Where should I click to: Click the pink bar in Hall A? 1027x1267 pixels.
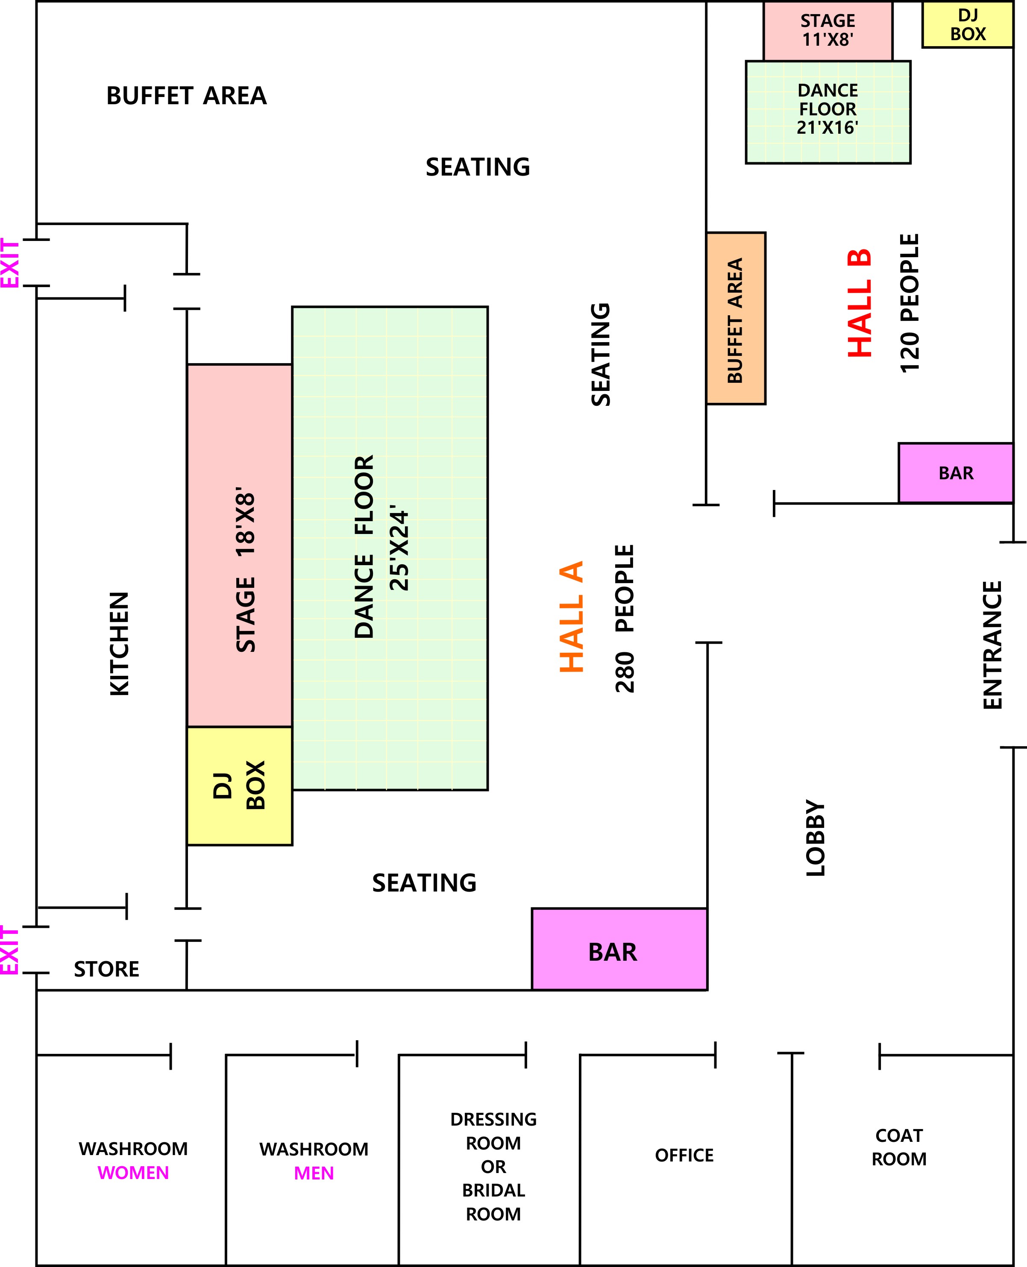pos(619,949)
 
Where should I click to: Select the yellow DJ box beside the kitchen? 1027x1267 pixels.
pos(240,786)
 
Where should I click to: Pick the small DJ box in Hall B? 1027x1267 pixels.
pos(968,24)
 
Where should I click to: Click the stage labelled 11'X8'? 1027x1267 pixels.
pos(827,31)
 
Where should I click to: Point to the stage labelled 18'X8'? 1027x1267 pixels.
pos(240,546)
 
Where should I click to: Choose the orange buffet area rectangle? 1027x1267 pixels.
pos(736,318)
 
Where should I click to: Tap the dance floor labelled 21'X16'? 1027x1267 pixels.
pos(827,112)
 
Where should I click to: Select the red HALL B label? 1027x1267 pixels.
pos(860,303)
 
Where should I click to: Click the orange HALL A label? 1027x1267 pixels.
pos(572,617)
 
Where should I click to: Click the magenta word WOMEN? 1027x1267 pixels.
pos(133,1172)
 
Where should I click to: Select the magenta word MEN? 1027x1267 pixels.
pos(314,1173)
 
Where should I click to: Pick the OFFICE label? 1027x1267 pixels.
pos(684,1155)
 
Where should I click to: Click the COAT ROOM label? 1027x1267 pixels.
pos(899,1147)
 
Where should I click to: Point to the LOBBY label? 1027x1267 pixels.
pos(815,838)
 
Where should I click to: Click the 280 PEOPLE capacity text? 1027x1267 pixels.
pos(625,619)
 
